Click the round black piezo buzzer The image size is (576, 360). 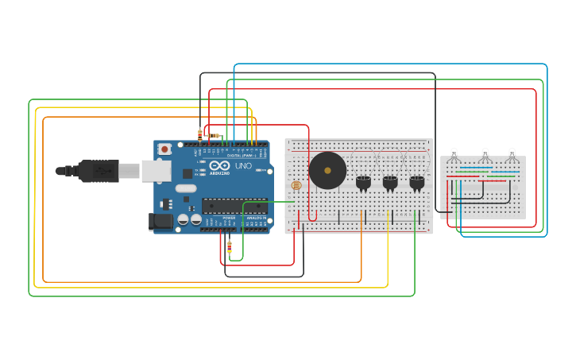point(327,170)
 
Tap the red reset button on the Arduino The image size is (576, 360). point(164,149)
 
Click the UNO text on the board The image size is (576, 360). point(243,166)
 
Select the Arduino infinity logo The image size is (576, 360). point(219,165)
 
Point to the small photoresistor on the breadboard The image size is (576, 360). point(296,185)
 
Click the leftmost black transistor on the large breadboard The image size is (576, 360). point(363,183)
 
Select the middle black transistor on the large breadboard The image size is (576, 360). point(390,183)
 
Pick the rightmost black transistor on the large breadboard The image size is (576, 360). point(417,183)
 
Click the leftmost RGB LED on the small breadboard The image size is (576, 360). point(454,154)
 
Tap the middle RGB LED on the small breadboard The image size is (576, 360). point(485,154)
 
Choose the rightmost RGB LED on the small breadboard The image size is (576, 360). point(512,154)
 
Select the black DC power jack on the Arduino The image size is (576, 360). point(160,223)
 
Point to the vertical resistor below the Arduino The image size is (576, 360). point(230,247)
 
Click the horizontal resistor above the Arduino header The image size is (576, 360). point(213,136)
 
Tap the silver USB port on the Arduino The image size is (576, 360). point(156,170)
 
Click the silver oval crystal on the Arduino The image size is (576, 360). point(186,189)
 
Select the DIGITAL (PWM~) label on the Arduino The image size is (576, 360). point(241,155)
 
